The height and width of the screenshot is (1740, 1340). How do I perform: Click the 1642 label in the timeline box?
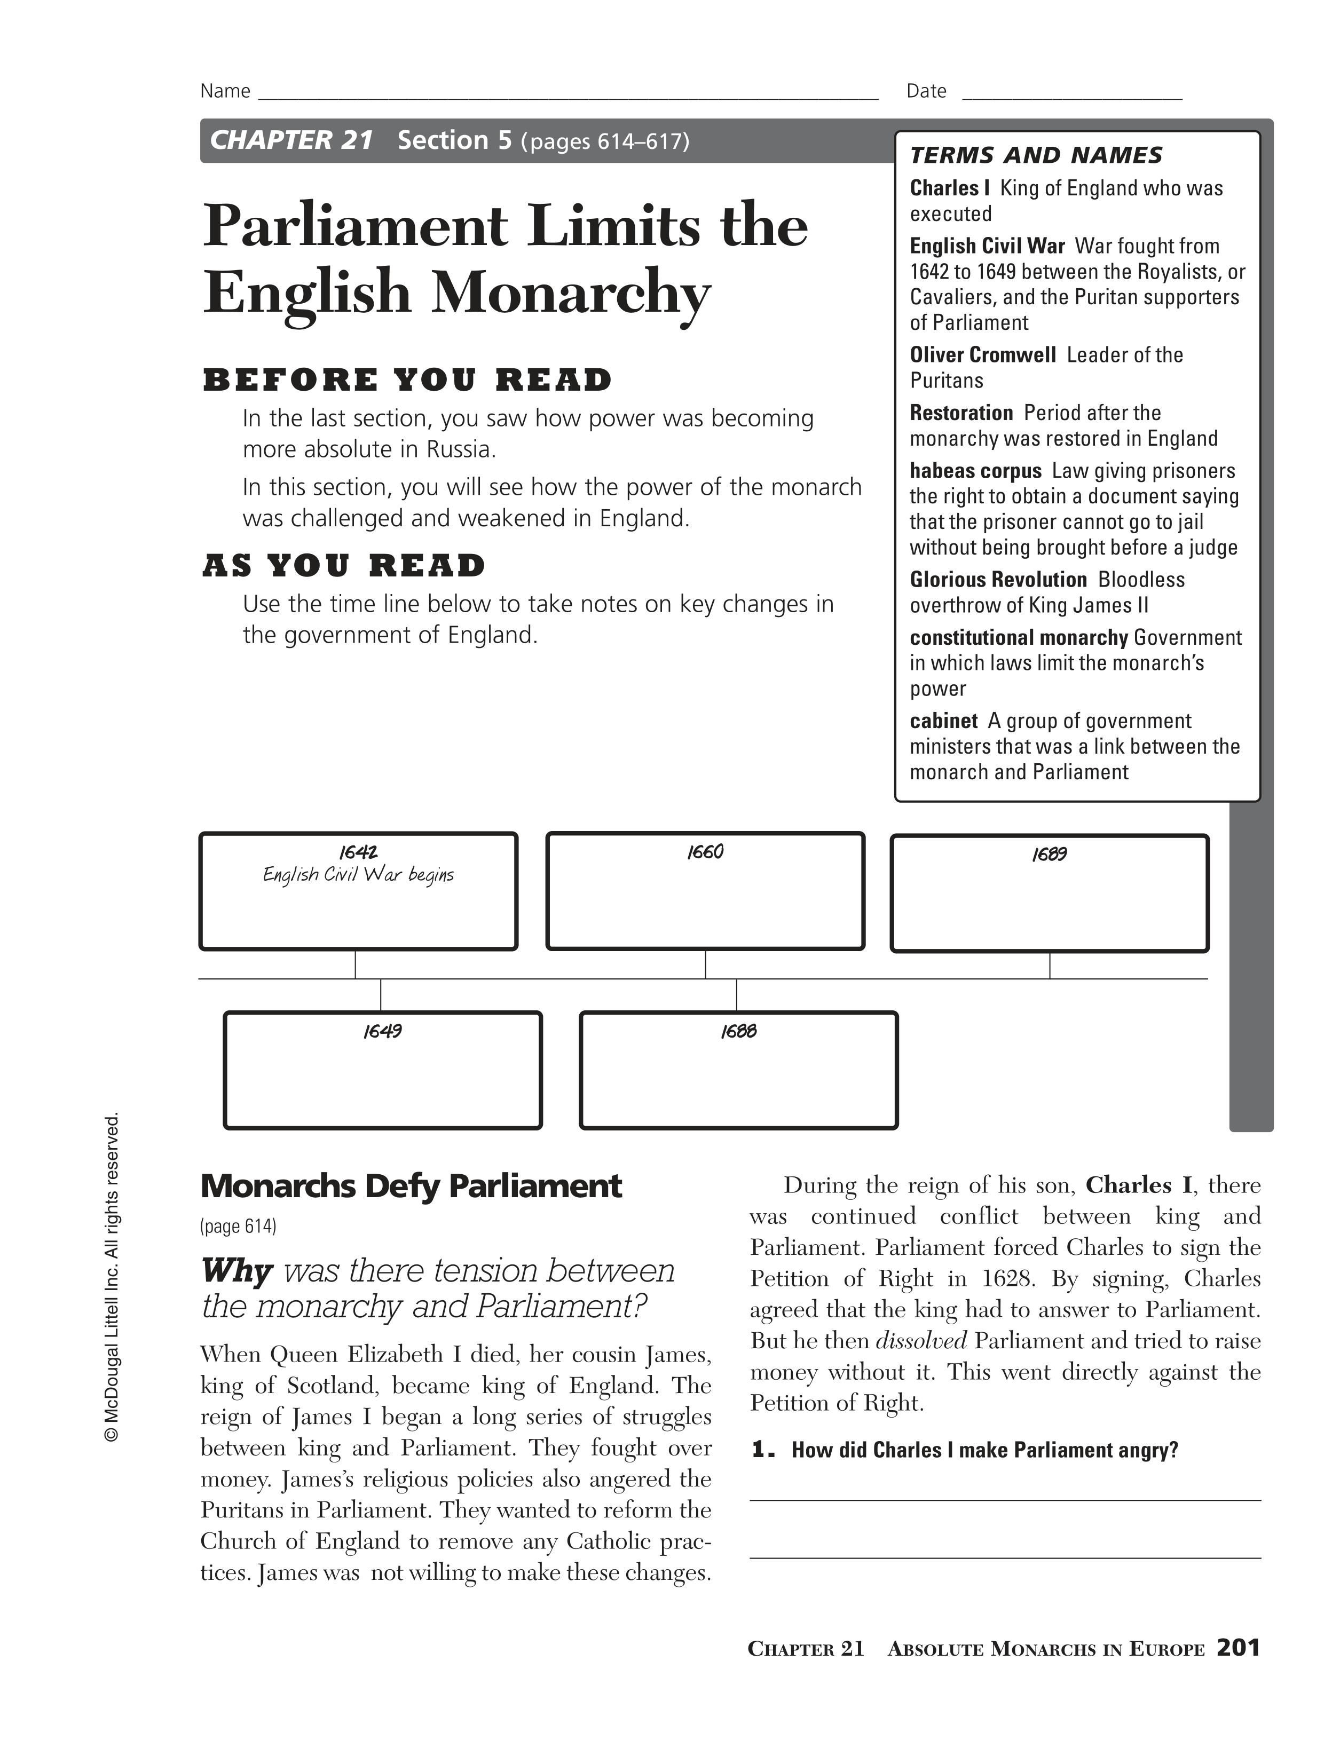pyautogui.click(x=358, y=852)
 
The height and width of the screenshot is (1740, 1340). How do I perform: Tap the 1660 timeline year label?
pyautogui.click(x=705, y=852)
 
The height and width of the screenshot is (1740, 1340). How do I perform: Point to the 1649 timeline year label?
pyautogui.click(x=382, y=1032)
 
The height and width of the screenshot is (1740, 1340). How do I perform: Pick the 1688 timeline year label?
pyautogui.click(x=738, y=1032)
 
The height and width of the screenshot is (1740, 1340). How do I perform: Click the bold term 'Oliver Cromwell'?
pyautogui.click(x=982, y=355)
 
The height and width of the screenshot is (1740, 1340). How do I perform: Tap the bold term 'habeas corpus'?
pyautogui.click(x=975, y=471)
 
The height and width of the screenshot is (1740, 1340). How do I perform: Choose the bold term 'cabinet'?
pyautogui.click(x=943, y=721)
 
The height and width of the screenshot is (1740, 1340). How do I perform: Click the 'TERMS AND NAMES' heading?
pyautogui.click(x=1036, y=155)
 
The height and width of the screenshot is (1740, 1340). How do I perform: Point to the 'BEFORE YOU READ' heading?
pyautogui.click(x=407, y=380)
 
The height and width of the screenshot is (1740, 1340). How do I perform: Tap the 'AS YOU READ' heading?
pyautogui.click(x=343, y=566)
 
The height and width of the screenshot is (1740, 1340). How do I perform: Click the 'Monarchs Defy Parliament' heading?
pyautogui.click(x=411, y=1187)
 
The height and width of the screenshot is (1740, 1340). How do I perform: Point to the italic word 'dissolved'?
pyautogui.click(x=921, y=1341)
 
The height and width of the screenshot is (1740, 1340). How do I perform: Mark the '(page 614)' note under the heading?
pyautogui.click(x=238, y=1226)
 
